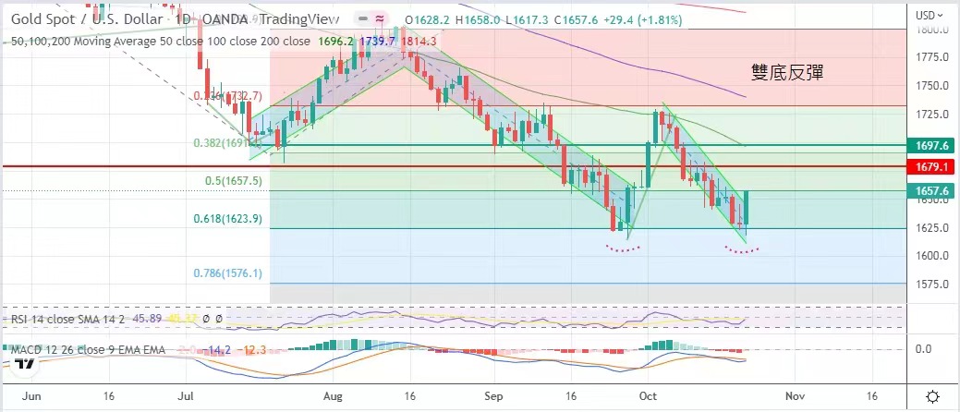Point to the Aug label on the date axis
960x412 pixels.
click(334, 394)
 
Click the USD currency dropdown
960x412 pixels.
click(928, 15)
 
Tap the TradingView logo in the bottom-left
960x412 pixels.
click(25, 364)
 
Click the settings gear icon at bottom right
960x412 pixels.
click(933, 395)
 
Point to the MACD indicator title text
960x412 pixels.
click(88, 349)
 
